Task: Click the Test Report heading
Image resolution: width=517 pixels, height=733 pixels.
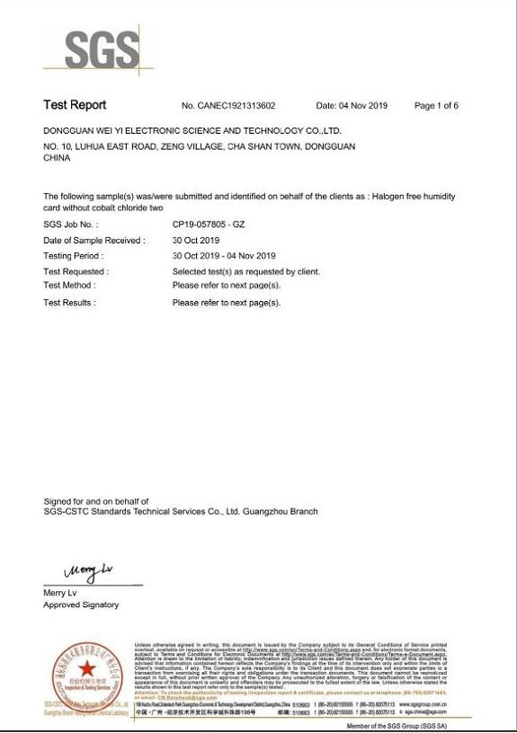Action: (75, 105)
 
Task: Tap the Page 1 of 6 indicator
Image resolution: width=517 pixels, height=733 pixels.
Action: (436, 106)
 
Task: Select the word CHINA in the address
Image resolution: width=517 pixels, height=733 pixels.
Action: (58, 157)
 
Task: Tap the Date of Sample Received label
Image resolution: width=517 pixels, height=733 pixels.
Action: (94, 241)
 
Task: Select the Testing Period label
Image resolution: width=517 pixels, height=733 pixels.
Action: (75, 256)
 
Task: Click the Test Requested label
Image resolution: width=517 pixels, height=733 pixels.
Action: (76, 271)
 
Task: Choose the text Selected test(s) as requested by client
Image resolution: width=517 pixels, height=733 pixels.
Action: (245, 271)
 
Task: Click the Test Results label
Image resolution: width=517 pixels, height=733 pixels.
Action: (69, 303)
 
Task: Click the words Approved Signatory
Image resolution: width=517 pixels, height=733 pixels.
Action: (81, 605)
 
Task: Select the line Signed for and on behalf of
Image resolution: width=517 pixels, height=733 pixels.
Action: (96, 500)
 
